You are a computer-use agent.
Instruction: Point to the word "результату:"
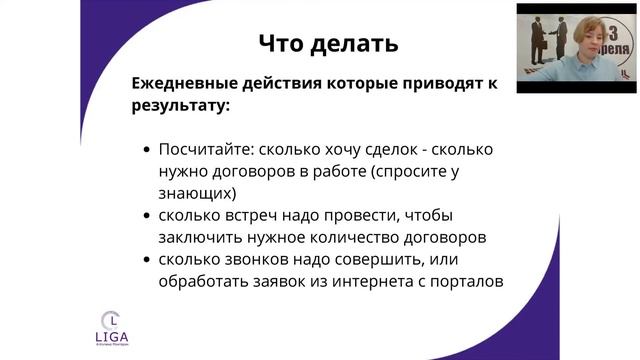(x=179, y=104)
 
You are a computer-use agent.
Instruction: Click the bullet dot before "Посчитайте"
(x=147, y=150)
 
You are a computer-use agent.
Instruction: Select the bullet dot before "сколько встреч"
(x=147, y=216)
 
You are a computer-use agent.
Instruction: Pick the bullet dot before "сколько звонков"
(x=147, y=261)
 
